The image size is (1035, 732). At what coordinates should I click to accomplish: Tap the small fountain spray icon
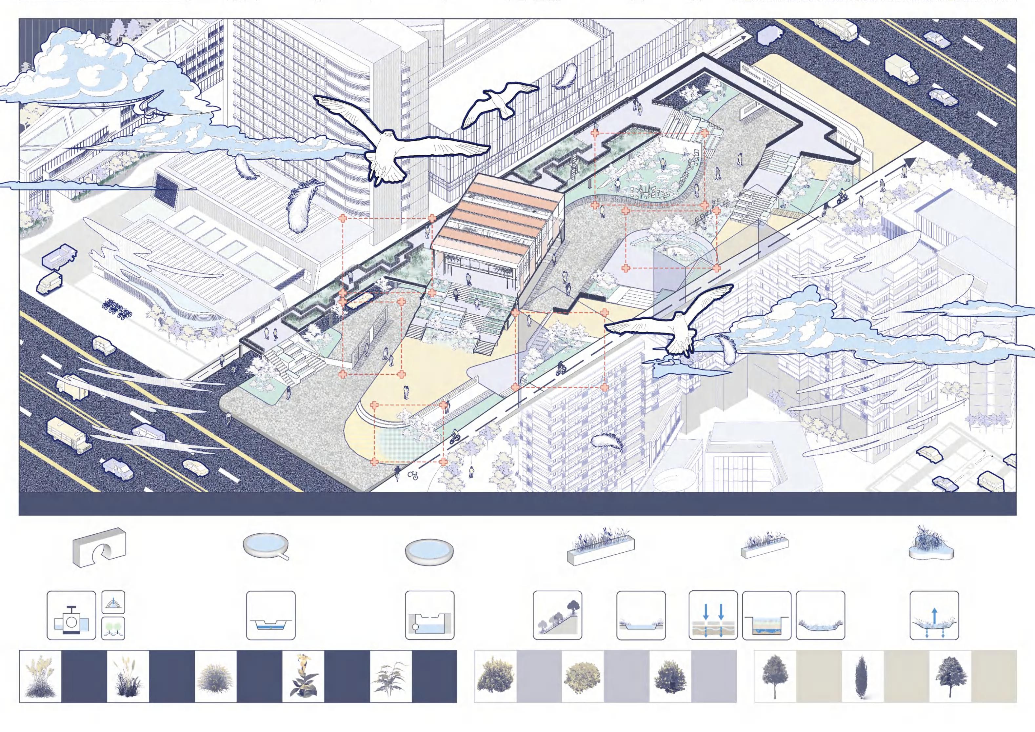click(113, 603)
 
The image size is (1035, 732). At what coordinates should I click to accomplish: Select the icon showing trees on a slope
click(557, 615)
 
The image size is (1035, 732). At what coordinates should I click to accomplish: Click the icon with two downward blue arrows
click(713, 615)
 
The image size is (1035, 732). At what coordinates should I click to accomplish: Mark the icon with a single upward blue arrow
click(934, 615)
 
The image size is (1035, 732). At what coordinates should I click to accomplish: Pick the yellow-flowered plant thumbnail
click(303, 676)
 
